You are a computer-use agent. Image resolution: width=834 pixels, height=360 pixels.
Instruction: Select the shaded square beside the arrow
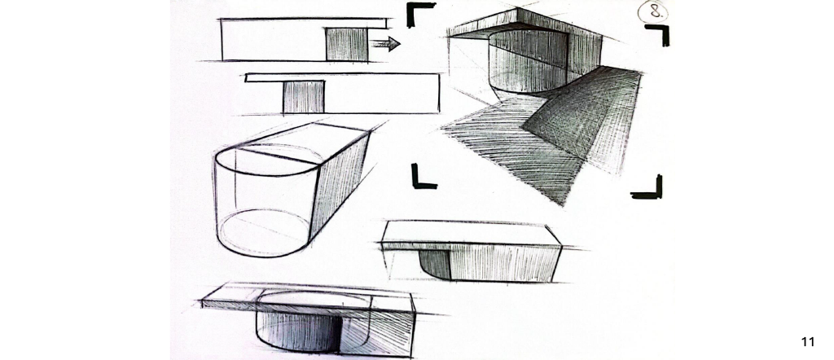tap(346, 44)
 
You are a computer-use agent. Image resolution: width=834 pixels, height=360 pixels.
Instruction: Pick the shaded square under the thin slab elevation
tap(303, 97)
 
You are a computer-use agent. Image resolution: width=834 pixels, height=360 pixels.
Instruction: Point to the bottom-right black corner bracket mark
tap(648, 188)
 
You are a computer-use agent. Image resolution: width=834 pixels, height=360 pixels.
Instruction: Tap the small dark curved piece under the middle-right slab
tap(436, 263)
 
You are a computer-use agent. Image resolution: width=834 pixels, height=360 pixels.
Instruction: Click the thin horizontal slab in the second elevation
tap(342, 78)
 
